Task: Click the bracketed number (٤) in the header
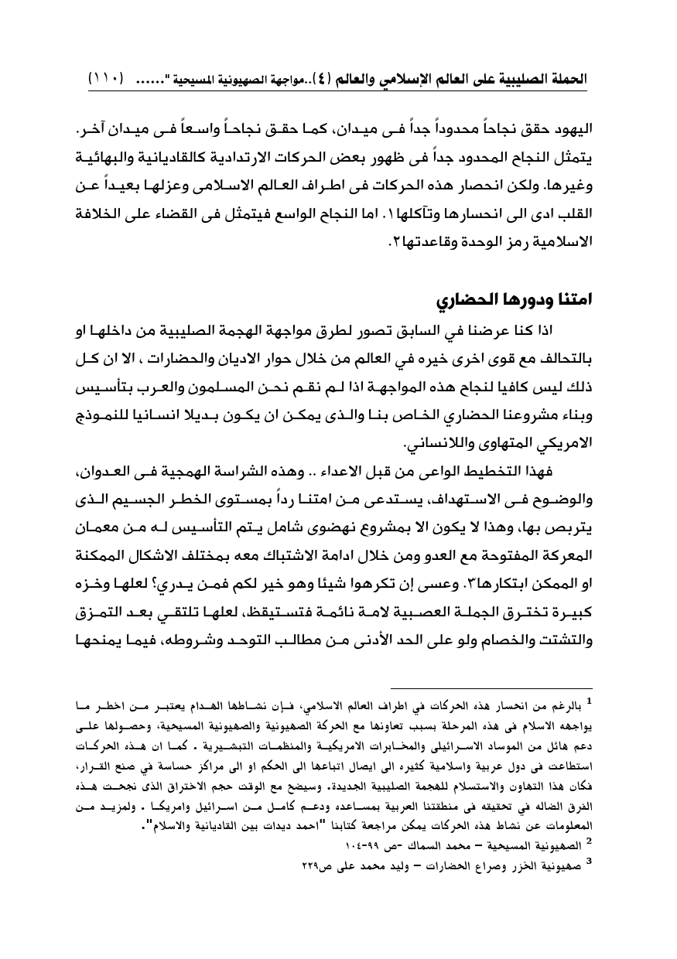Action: pyautogui.click(x=330, y=79)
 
